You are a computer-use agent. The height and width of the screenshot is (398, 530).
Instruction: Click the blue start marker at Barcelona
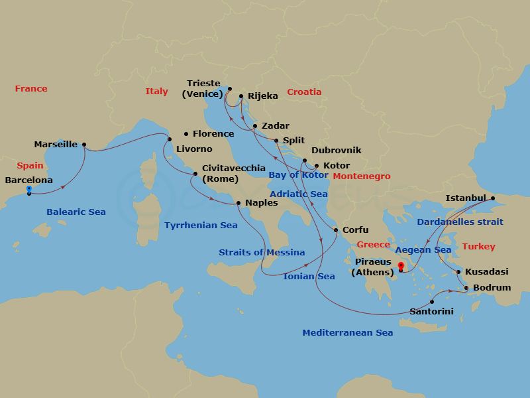click(29, 191)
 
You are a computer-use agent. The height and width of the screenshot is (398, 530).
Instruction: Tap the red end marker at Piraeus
click(401, 268)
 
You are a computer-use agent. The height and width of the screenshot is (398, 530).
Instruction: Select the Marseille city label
click(56, 144)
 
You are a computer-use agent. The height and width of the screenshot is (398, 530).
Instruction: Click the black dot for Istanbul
click(492, 198)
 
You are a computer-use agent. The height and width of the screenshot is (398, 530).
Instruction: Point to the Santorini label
click(431, 310)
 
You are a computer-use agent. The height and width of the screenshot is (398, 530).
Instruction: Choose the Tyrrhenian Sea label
click(201, 226)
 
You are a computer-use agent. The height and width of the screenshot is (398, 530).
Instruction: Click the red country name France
click(31, 88)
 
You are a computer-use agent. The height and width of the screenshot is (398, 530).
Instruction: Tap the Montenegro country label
click(361, 176)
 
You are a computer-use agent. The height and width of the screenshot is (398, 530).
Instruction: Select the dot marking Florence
click(186, 134)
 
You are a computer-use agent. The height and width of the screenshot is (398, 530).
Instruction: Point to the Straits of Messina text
click(262, 252)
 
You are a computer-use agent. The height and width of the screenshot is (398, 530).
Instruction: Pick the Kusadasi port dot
click(458, 272)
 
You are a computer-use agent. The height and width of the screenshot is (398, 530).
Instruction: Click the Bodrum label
click(492, 288)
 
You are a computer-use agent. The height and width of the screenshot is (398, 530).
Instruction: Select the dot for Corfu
click(337, 230)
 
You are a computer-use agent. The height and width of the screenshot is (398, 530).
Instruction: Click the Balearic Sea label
click(76, 212)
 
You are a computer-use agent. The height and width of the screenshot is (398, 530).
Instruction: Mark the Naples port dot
click(238, 203)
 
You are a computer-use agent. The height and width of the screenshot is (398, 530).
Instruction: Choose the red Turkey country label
click(478, 246)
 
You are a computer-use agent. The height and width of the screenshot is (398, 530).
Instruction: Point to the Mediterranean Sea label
click(347, 333)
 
